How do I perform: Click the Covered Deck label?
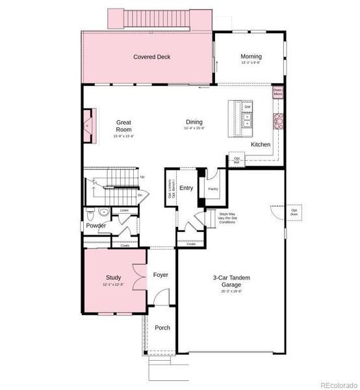[x=152, y=57]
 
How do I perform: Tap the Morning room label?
[x=251, y=57]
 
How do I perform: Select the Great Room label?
[x=123, y=125]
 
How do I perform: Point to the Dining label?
[x=194, y=122]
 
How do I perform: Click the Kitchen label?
[x=261, y=144]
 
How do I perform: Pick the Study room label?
[x=113, y=278]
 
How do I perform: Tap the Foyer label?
[x=161, y=275]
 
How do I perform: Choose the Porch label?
[x=162, y=328]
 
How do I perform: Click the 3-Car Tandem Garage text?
[x=231, y=281]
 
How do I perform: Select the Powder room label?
[x=96, y=226]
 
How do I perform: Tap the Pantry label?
[x=212, y=189]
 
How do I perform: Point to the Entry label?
[x=186, y=188]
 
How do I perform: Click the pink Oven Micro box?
[x=277, y=92]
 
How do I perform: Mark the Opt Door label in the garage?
[x=294, y=212]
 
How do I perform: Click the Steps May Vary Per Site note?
[x=227, y=218]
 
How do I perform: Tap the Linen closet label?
[x=124, y=211]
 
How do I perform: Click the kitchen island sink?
[x=247, y=121]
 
